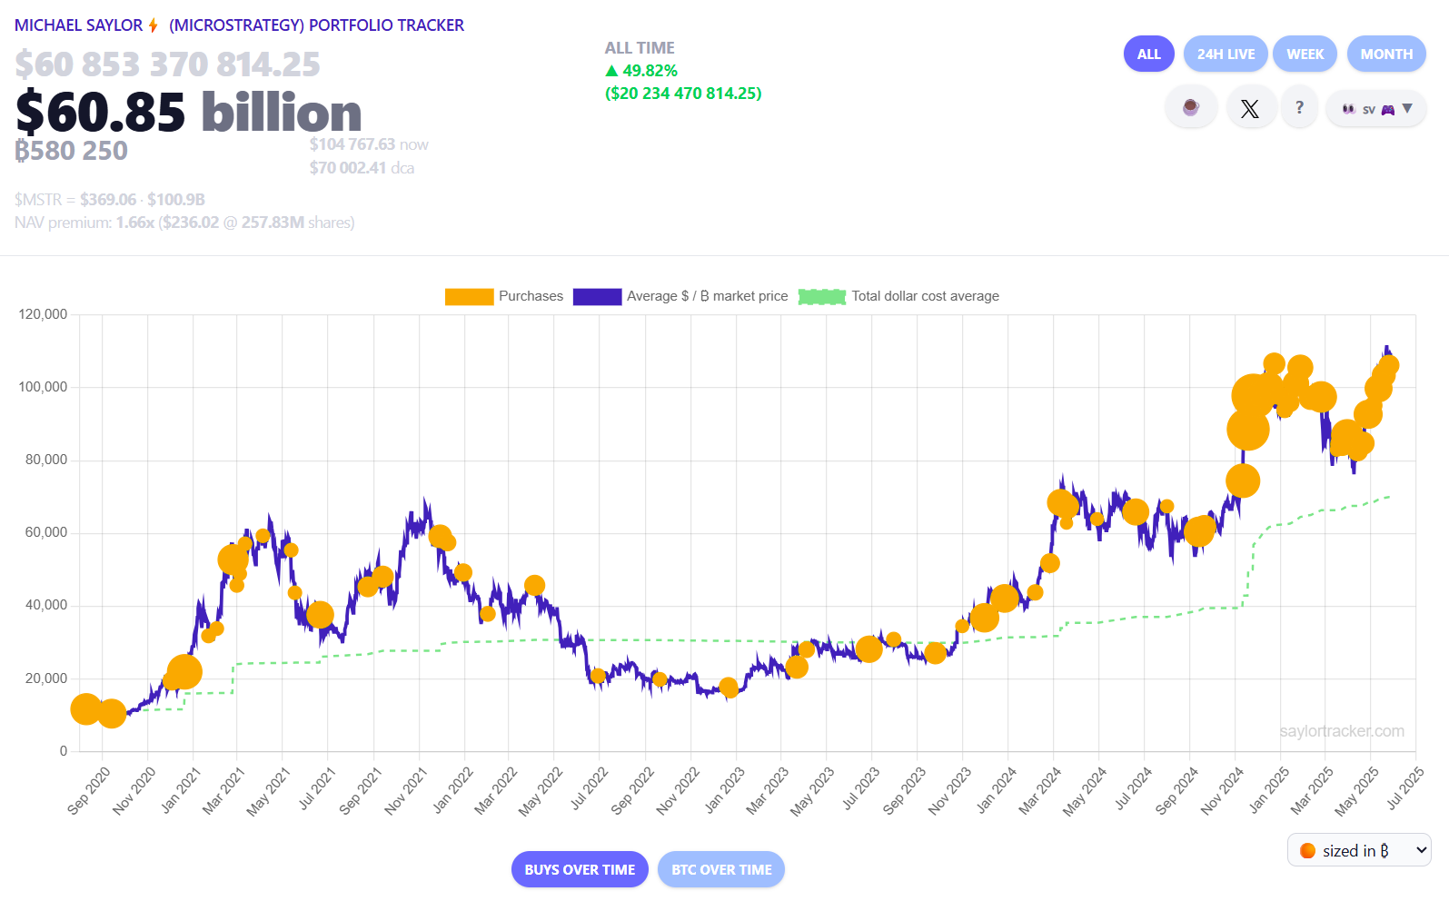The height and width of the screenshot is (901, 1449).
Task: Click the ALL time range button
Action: [x=1148, y=54]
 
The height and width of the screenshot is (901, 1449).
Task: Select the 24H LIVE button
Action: [x=1225, y=54]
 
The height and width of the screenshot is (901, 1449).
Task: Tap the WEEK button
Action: [x=1305, y=54]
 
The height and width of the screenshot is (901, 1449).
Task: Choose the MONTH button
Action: [x=1385, y=54]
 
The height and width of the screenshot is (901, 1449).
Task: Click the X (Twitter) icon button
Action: [x=1250, y=109]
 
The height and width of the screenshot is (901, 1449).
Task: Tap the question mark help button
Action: [x=1299, y=107]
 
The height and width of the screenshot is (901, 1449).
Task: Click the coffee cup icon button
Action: [x=1190, y=108]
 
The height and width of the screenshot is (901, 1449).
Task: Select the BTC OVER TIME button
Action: [x=721, y=869]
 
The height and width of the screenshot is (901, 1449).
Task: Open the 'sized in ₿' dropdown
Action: [x=1359, y=850]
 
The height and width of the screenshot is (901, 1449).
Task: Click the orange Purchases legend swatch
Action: [x=469, y=296]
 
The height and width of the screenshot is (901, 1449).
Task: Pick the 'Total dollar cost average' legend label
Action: [x=925, y=296]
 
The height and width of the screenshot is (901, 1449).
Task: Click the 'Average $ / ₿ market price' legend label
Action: [x=707, y=296]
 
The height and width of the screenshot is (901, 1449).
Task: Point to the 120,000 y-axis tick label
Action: [x=43, y=314]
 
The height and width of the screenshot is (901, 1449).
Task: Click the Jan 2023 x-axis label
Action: [x=725, y=789]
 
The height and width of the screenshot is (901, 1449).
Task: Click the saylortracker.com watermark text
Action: [x=1341, y=731]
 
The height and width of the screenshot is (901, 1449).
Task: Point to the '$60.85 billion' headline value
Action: [x=189, y=112]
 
